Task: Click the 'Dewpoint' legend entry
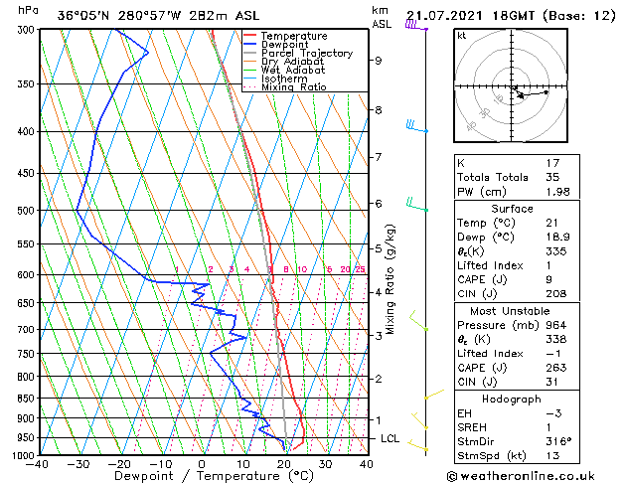pos(285,45)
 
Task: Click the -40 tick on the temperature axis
pos(39,464)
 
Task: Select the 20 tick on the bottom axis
pos(284,464)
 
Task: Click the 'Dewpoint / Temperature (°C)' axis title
pos(201,476)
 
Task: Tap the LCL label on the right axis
pos(391,438)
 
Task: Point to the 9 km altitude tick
pos(379,60)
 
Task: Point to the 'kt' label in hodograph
pos(461,35)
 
